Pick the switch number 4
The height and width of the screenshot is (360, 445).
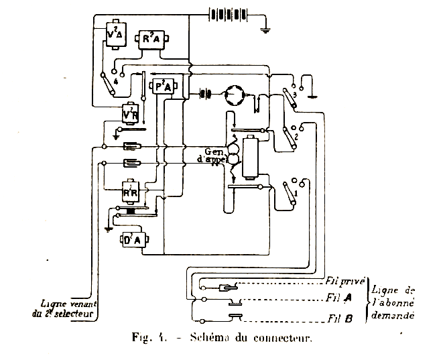coord(109,81)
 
